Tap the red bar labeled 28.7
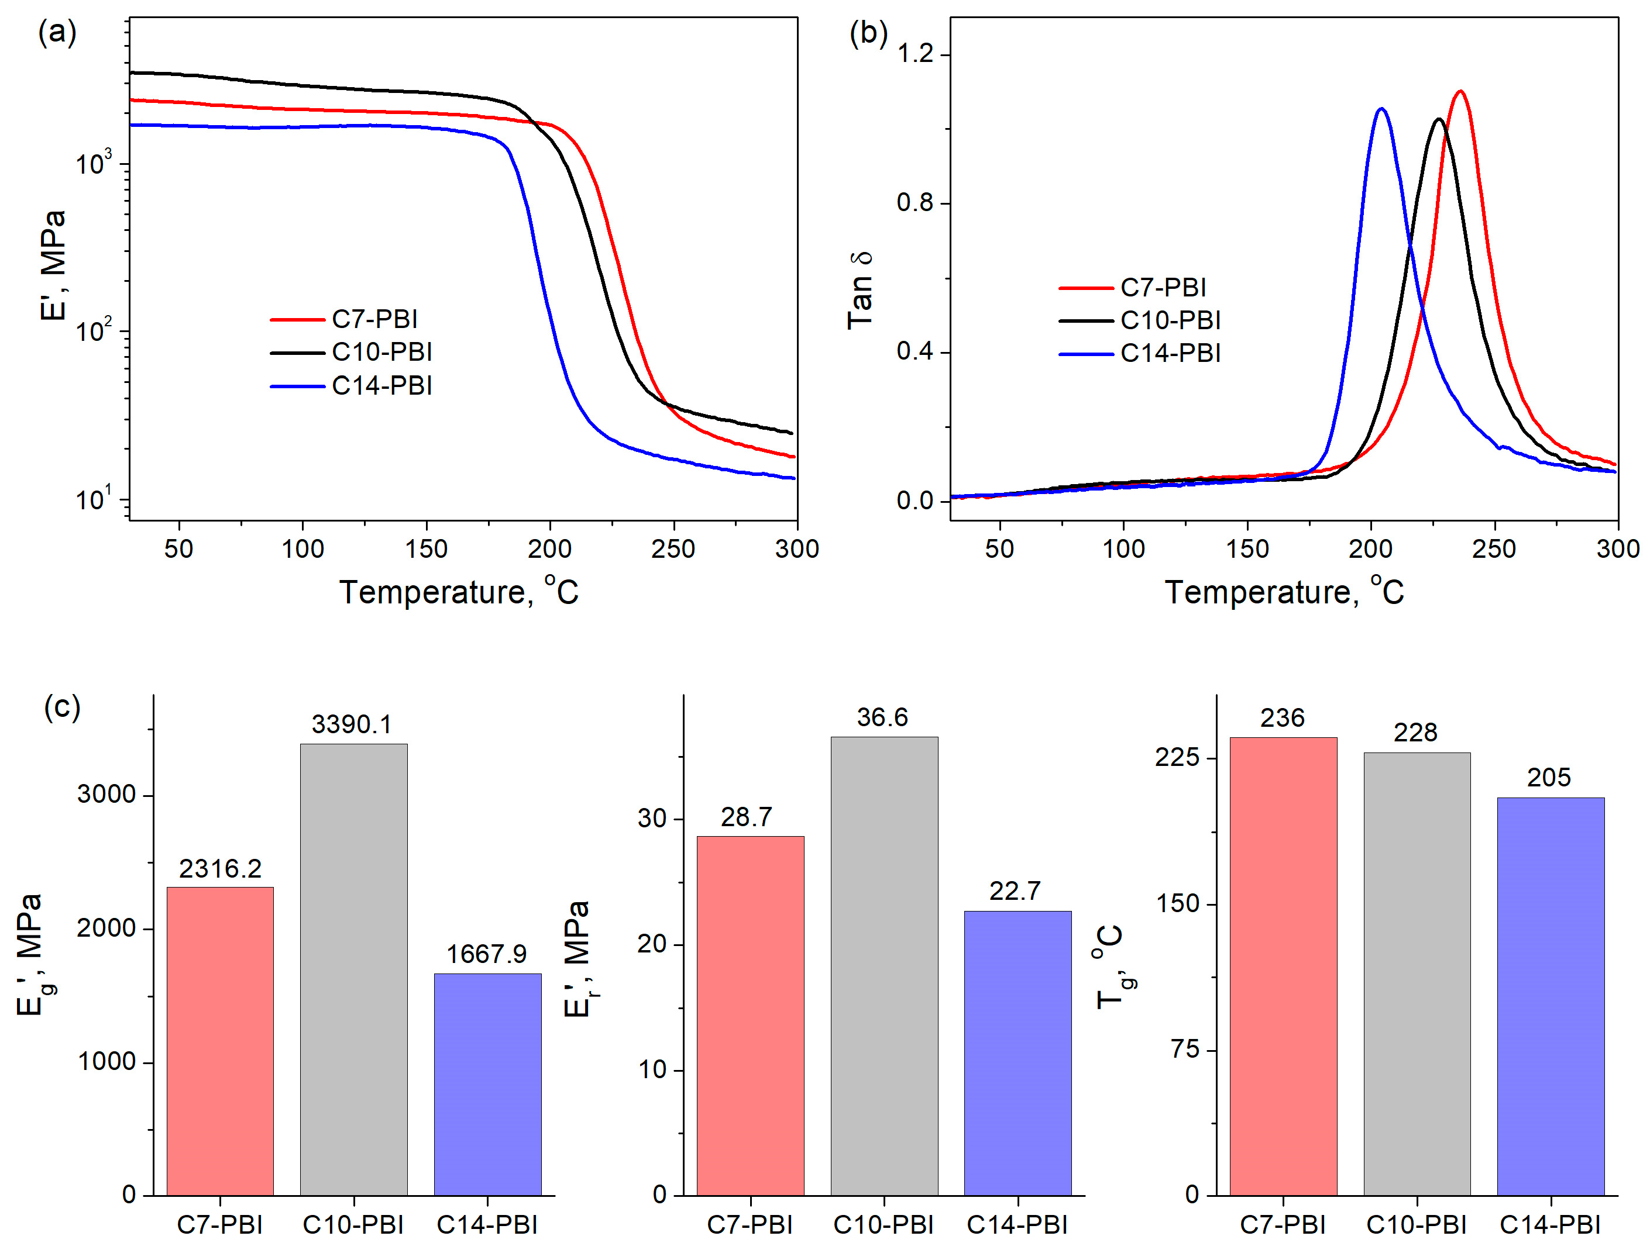point(750,1016)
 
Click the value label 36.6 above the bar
point(882,718)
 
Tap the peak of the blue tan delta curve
point(1381,109)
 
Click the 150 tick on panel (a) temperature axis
point(426,549)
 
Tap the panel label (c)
point(62,707)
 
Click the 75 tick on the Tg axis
point(1185,1048)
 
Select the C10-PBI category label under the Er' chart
point(883,1225)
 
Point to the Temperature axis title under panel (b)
point(1283,592)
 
